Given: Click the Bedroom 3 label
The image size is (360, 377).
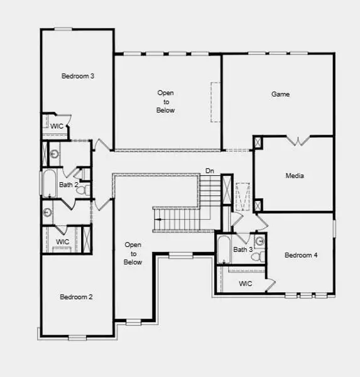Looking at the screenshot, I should tap(78, 77).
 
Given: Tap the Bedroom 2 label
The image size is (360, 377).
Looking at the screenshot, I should tap(77, 297).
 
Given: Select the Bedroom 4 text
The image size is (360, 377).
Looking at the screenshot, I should tap(301, 255).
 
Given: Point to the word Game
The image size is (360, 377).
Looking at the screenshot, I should tap(280, 94).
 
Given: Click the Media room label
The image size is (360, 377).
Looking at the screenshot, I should tap(294, 176).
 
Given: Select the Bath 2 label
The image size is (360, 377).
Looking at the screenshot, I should tap(68, 185).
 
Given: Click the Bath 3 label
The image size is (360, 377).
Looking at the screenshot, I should tap(243, 250).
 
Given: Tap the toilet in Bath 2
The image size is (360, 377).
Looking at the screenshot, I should tap(87, 188).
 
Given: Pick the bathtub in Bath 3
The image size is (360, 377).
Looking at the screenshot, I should tap(223, 250).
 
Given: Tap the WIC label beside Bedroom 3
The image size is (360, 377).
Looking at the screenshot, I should tap(57, 126).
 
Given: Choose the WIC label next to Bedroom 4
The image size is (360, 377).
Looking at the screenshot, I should tap(246, 284).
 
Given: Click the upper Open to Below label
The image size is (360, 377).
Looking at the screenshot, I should tap(166, 102).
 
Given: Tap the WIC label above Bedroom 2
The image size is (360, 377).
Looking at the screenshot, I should tap(63, 242).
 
